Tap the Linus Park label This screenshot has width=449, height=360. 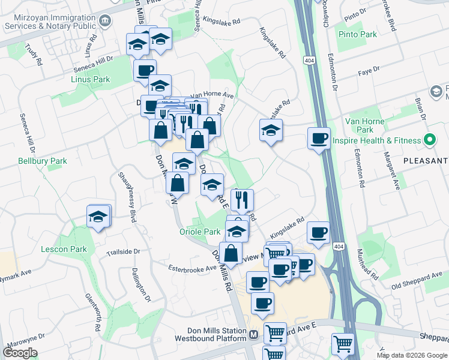point(90,79)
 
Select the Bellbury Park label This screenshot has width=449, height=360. point(42,161)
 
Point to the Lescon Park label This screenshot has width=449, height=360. point(64,249)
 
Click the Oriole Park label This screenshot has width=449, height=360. point(200,232)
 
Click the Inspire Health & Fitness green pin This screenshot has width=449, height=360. point(429,140)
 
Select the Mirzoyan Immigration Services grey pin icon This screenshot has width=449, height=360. point(105,22)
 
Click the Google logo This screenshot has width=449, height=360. point(20,353)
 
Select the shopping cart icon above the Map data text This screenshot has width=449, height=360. point(343,344)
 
